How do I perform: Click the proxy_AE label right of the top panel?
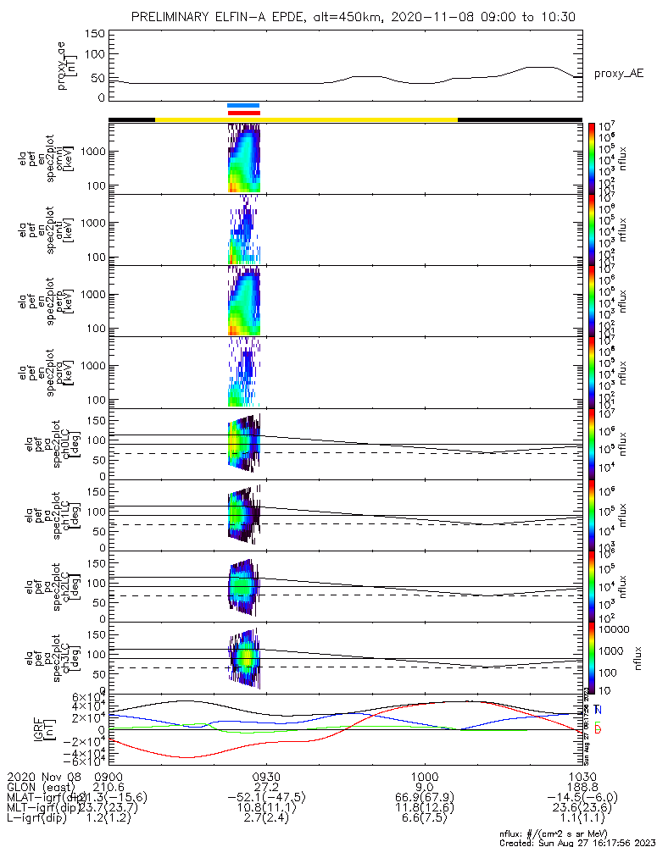point(619,74)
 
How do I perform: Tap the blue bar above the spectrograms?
point(243,106)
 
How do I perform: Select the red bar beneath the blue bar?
point(243,113)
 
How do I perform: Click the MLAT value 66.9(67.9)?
point(425,797)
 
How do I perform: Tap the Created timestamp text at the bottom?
point(577,842)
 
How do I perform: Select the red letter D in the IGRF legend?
point(599,729)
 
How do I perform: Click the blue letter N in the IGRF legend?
point(599,709)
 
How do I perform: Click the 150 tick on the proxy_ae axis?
point(95,33)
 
